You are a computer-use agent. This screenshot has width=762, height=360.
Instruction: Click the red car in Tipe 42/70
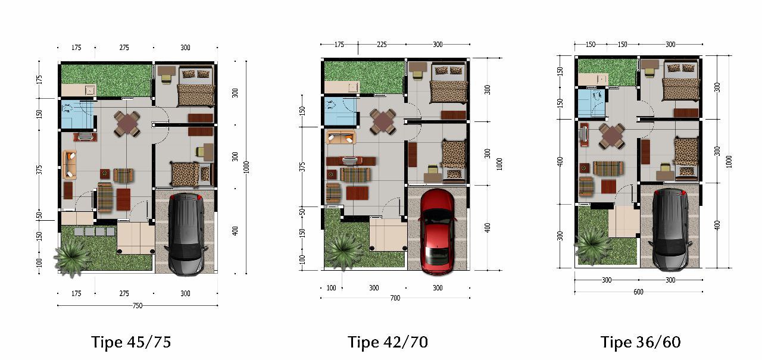[437, 231]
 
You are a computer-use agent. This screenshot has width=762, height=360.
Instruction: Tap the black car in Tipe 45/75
[186, 234]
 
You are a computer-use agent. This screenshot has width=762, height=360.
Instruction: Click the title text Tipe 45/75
[131, 342]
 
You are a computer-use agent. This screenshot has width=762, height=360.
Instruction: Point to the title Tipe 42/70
[388, 342]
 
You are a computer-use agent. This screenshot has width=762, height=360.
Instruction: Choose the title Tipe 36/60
[641, 342]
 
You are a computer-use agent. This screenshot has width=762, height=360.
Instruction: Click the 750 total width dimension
[138, 306]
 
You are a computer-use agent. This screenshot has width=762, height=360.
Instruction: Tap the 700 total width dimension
[395, 298]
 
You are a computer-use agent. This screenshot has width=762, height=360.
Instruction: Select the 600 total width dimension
[639, 292]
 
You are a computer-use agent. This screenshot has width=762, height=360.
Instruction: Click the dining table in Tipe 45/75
[127, 124]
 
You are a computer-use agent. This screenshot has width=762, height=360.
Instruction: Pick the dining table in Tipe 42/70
[383, 121]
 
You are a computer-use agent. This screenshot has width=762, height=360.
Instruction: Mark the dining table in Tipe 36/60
[611, 136]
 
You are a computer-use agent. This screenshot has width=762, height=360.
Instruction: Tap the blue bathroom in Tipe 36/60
[592, 102]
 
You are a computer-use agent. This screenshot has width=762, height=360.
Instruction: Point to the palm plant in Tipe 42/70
[343, 251]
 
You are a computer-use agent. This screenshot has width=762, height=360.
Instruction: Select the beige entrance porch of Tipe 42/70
[388, 235]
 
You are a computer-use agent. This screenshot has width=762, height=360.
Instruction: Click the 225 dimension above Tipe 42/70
[382, 45]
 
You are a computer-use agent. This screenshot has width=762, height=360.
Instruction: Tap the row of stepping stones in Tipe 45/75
[95, 232]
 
